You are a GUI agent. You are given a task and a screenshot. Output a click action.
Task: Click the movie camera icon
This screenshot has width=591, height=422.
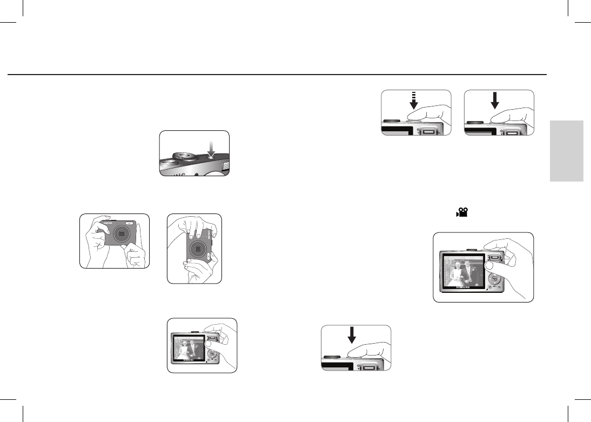tap(461, 214)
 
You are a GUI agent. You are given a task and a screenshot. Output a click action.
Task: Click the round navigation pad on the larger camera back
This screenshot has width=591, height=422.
tap(495, 279)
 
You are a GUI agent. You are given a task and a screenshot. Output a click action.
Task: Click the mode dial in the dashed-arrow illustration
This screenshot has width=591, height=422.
tap(392, 122)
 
